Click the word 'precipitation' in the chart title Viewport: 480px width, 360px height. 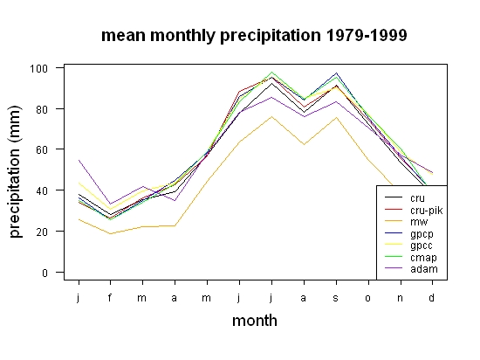click(271, 36)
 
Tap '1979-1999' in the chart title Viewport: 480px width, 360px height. click(367, 35)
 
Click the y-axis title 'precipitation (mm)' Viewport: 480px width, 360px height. click(15, 172)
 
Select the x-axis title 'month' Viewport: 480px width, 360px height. click(255, 321)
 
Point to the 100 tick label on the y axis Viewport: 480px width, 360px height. click(38, 68)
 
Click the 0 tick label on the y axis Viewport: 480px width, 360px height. click(45, 273)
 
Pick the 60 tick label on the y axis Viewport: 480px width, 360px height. click(42, 150)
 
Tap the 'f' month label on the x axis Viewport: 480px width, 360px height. click(110, 297)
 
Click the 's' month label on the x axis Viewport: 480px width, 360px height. click(336, 298)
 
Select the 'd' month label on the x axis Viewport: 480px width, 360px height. click(431, 297)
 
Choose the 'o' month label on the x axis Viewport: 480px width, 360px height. click(367, 298)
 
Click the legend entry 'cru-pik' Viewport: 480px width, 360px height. click(427, 211)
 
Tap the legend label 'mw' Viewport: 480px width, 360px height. click(419, 222)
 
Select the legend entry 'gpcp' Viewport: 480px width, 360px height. click(422, 234)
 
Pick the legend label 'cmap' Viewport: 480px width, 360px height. click(423, 258)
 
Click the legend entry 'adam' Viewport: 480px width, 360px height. click(424, 269)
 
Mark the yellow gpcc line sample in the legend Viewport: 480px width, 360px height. click(394, 244)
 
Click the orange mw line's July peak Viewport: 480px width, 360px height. click(271, 116)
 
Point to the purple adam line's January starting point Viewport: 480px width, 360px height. click(79, 160)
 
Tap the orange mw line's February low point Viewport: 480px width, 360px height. click(110, 234)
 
